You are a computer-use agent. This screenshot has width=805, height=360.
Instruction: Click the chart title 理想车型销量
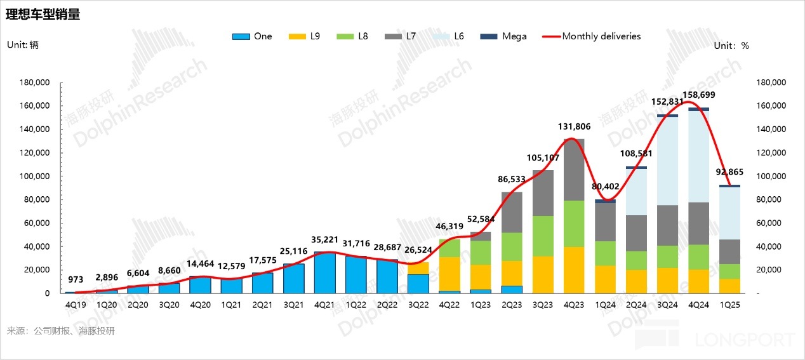[43, 15]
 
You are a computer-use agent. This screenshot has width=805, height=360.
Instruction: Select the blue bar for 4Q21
[325, 272]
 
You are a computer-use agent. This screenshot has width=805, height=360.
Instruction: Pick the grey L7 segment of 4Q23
[574, 170]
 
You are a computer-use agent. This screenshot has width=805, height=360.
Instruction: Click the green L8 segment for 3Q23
[543, 236]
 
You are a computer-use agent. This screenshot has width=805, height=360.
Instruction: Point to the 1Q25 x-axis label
[729, 305]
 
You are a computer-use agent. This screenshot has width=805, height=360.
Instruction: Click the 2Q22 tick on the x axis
[387, 305]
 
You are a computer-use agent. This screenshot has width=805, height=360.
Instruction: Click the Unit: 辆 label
[22, 45]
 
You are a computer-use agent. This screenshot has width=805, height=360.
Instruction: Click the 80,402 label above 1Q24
[606, 187]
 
